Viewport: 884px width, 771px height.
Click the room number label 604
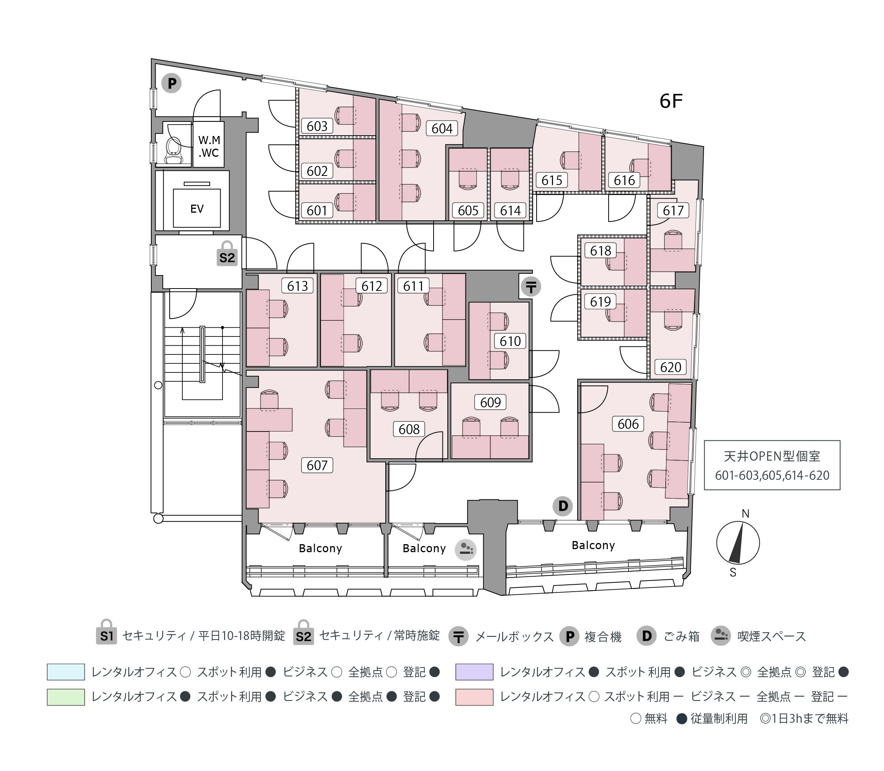[442, 128]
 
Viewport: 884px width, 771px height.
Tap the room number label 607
[317, 465]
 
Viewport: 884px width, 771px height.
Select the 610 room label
[510, 341]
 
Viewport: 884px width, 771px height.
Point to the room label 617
[673, 210]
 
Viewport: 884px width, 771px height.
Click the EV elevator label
[197, 209]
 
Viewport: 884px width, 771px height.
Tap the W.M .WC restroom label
[209, 146]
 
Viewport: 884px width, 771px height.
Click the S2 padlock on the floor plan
[227, 253]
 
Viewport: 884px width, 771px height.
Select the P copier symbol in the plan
[172, 83]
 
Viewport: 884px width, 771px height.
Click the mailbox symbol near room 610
[531, 287]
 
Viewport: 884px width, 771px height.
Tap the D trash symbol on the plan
[563, 506]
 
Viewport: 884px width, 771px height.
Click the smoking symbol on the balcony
[466, 550]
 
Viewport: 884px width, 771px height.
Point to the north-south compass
[738, 543]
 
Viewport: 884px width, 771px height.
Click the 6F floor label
[671, 101]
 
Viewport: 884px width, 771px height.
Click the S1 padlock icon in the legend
[106, 632]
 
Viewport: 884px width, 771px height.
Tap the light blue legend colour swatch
[66, 672]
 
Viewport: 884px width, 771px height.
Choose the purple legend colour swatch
[474, 672]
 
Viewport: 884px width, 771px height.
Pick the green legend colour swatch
[66, 697]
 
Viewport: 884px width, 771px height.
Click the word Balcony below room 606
[593, 546]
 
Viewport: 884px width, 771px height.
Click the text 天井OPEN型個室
[772, 456]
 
